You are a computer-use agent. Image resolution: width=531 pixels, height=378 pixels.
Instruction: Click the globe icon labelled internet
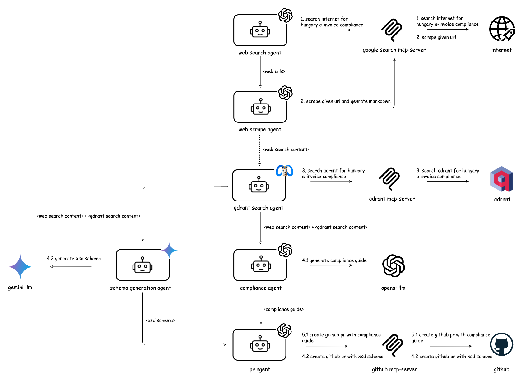click(501, 29)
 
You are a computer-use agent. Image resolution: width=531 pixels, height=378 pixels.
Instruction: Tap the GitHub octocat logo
click(501, 344)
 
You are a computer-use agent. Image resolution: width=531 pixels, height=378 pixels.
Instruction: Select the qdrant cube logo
click(501, 179)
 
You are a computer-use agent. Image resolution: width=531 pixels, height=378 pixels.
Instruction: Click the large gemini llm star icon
click(20, 267)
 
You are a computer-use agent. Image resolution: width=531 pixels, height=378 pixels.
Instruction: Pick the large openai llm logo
click(393, 266)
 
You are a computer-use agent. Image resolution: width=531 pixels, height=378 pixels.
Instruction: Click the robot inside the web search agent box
click(260, 30)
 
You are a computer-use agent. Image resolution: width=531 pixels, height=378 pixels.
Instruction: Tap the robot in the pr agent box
click(260, 344)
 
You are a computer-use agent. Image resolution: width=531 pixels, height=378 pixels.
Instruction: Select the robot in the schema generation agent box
click(142, 265)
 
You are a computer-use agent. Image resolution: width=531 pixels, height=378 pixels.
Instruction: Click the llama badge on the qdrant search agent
click(284, 171)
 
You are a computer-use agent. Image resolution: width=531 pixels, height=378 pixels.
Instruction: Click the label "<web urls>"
click(274, 71)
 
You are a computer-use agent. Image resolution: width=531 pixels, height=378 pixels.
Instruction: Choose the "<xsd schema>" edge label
click(160, 320)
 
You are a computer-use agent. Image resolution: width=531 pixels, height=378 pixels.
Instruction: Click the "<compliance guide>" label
click(283, 309)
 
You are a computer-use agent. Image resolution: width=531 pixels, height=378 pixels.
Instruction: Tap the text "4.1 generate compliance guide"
click(334, 260)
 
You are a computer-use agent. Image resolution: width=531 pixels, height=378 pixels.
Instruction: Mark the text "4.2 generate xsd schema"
click(74, 259)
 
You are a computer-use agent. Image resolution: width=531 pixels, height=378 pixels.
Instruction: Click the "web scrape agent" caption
click(260, 130)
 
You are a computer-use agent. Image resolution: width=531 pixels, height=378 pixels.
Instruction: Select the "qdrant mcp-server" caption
click(392, 199)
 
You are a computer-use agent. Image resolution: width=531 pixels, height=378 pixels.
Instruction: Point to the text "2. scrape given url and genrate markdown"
click(346, 101)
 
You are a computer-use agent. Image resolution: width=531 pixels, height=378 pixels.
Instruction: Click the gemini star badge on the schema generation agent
click(169, 251)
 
